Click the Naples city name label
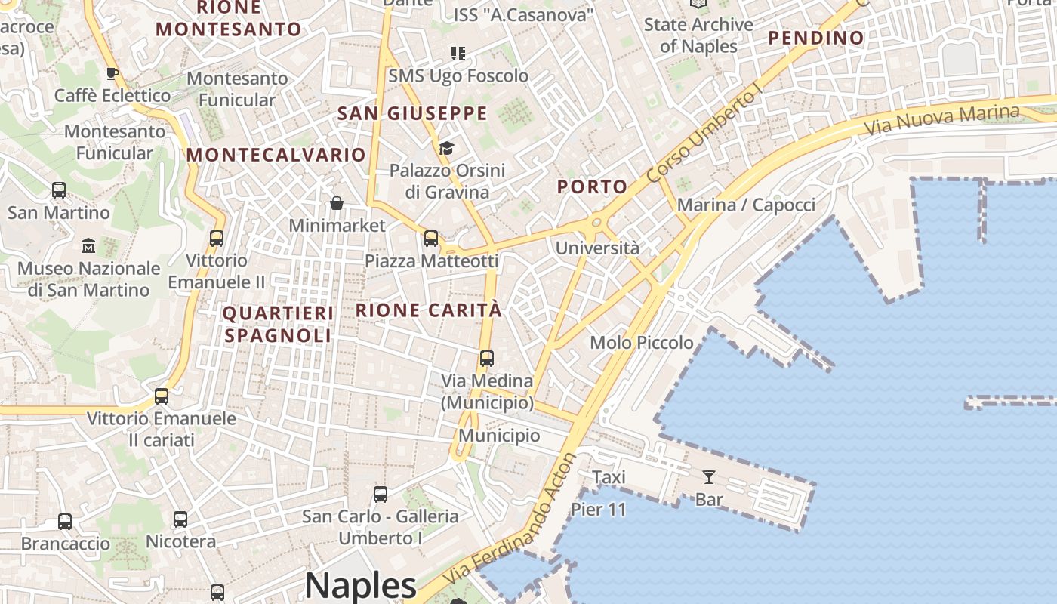pyautogui.click(x=361, y=586)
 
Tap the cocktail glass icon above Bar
pyautogui.click(x=709, y=476)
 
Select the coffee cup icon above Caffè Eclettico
pyautogui.click(x=112, y=73)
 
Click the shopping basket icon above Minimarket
pyautogui.click(x=337, y=203)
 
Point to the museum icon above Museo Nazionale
pyautogui.click(x=88, y=246)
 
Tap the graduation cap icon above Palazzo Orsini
pyautogui.click(x=446, y=148)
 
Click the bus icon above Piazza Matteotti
pyautogui.click(x=431, y=239)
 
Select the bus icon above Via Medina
pyautogui.click(x=487, y=359)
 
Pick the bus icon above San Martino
pyautogui.click(x=59, y=190)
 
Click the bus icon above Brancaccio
pyautogui.click(x=65, y=521)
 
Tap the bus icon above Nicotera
pyautogui.click(x=180, y=519)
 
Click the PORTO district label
pyautogui.click(x=593, y=186)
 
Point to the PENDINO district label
pyautogui.click(x=816, y=38)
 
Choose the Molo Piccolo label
pyautogui.click(x=642, y=343)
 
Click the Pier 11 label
pyautogui.click(x=599, y=510)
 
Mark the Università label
pyautogui.click(x=597, y=248)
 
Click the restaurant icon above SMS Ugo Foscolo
pyautogui.click(x=458, y=54)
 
